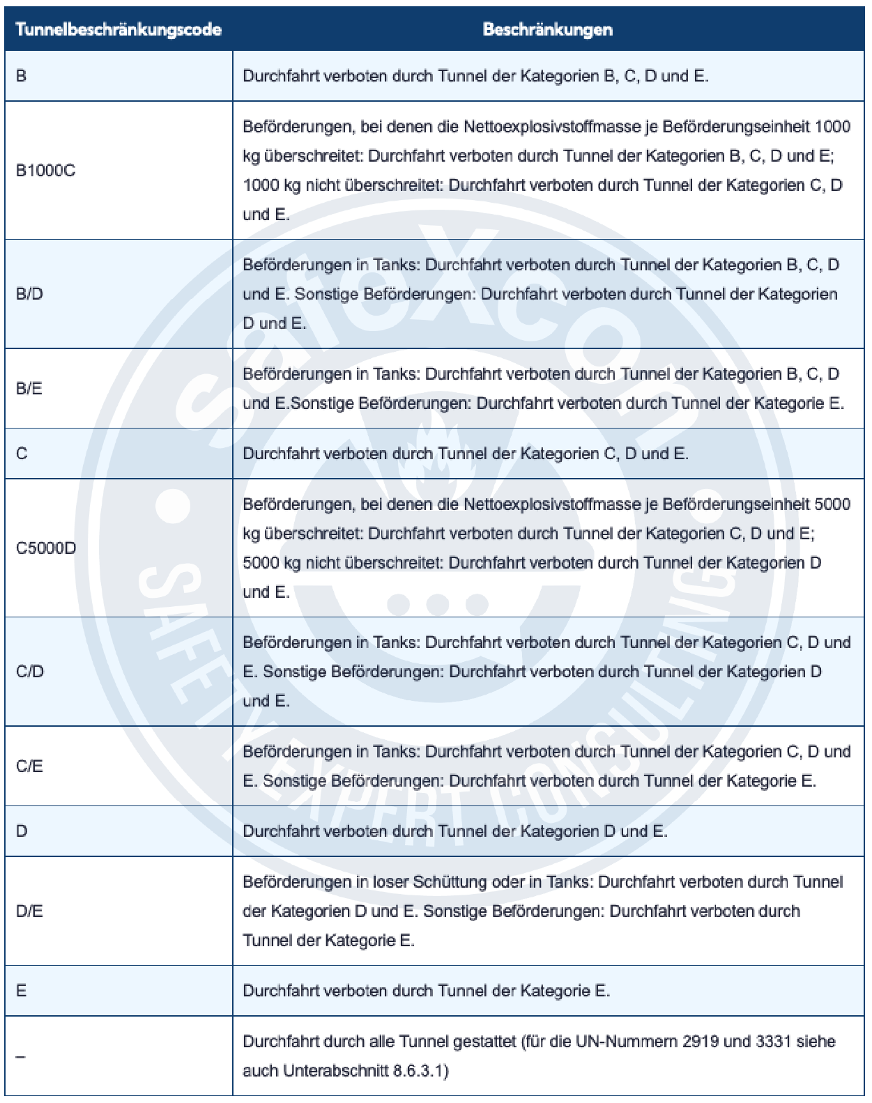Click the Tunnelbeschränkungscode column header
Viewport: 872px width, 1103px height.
point(118,29)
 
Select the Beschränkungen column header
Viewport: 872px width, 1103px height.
point(547,29)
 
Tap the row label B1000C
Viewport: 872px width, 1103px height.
point(45,171)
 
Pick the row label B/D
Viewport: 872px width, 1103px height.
point(29,294)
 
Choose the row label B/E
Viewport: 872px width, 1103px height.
point(29,388)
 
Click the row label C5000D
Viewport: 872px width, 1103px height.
point(46,548)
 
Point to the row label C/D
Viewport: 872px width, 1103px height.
point(29,672)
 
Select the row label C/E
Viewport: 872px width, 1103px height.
point(29,766)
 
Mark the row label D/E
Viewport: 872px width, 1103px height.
point(29,911)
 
